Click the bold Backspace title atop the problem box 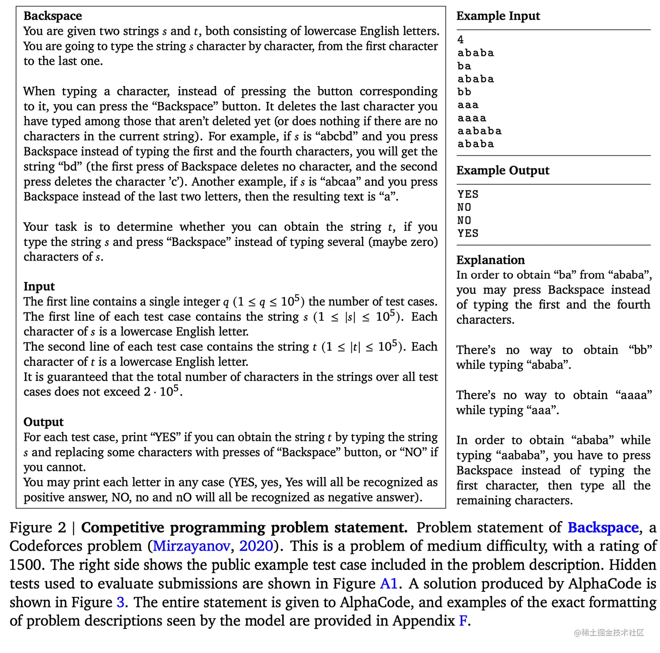(53, 16)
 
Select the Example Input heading (498, 16)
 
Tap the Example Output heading (503, 170)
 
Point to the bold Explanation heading (491, 260)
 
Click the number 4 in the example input (461, 40)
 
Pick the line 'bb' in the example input (464, 92)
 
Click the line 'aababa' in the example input (480, 131)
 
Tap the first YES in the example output (468, 194)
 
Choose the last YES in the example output (468, 233)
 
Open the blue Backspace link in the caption (603, 528)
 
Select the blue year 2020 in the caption (256, 546)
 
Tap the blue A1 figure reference (388, 584)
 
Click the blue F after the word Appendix (463, 621)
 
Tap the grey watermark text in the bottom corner (609, 633)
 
